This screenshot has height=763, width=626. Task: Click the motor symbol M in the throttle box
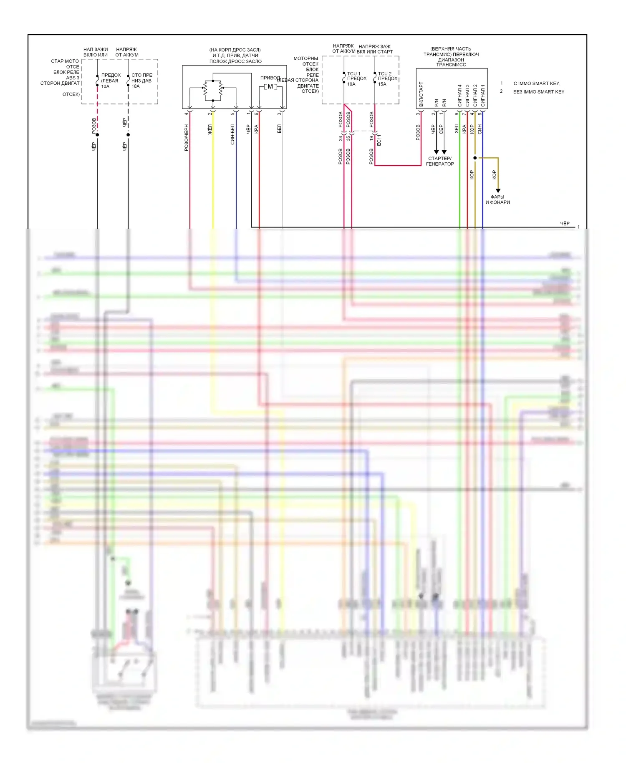click(270, 87)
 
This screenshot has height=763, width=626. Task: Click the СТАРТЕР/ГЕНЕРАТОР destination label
click(440, 161)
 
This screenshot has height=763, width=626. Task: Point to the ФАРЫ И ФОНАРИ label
click(497, 200)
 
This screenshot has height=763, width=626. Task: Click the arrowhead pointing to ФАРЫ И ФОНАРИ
click(498, 191)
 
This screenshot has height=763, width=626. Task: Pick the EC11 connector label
click(379, 140)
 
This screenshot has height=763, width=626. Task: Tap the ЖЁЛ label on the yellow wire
click(210, 129)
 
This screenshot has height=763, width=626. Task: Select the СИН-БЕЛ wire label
click(232, 134)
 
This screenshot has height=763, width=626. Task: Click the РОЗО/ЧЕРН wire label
click(186, 137)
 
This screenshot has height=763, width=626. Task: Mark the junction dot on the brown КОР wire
click(475, 158)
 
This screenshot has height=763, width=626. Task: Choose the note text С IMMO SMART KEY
click(537, 83)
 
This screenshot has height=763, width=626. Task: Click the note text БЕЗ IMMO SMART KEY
click(538, 92)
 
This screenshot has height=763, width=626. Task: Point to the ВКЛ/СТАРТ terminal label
click(421, 94)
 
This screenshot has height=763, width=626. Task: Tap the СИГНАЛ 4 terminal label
click(459, 95)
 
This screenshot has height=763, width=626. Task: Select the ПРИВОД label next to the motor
click(270, 78)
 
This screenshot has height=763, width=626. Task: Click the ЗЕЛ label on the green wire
click(456, 129)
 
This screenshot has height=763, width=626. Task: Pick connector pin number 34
click(341, 138)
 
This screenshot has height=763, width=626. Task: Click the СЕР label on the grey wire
click(441, 129)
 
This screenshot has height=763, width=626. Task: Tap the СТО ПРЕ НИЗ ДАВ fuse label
click(141, 81)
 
